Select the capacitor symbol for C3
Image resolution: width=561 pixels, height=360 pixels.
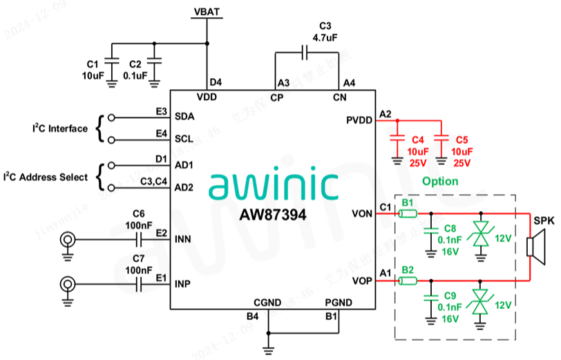(x=304, y=52)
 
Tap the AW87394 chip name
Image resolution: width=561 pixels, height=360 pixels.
(x=273, y=214)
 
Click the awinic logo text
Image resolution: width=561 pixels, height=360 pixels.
(x=273, y=183)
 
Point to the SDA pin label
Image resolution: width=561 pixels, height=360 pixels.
(x=184, y=116)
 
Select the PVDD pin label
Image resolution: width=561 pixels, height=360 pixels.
(x=359, y=121)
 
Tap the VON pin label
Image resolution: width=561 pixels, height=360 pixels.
(x=361, y=214)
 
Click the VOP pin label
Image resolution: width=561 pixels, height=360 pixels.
(x=361, y=281)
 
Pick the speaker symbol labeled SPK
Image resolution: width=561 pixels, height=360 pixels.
(x=535, y=247)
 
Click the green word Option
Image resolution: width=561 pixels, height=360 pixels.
(x=441, y=181)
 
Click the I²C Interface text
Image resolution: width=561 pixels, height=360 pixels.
(x=60, y=129)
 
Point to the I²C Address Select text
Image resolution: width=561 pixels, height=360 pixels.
(x=46, y=177)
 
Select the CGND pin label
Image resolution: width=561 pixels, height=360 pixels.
(x=267, y=302)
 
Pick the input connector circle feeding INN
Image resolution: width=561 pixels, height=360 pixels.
(x=68, y=240)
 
